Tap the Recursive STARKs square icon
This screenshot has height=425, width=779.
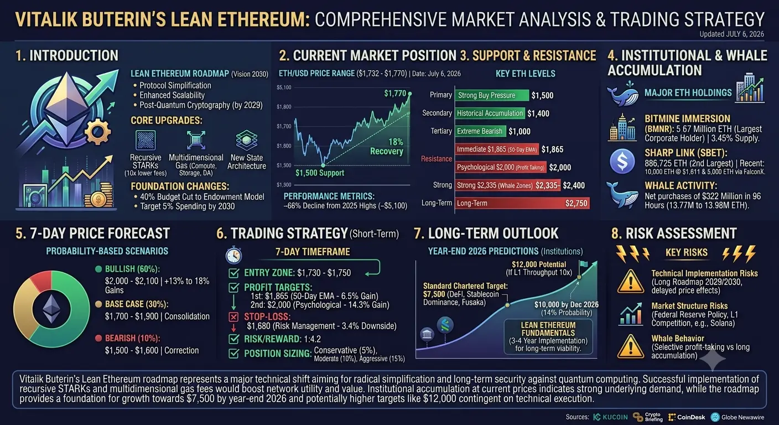[x=146, y=140]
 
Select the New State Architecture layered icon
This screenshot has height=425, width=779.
[x=247, y=140]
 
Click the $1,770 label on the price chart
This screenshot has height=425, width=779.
[x=395, y=93]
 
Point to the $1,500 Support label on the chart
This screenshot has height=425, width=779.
[x=320, y=173]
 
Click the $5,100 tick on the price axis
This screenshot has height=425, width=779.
[x=284, y=87]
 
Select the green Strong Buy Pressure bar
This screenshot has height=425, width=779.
[x=492, y=95]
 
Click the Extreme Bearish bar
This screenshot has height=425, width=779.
[x=480, y=131]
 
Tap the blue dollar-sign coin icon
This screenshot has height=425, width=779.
[x=622, y=162]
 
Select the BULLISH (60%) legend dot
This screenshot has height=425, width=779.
[x=98, y=269]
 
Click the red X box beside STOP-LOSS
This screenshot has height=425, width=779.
[x=233, y=317]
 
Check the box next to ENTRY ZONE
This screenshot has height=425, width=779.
[x=233, y=273]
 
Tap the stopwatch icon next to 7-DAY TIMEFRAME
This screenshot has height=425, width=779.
[x=233, y=255]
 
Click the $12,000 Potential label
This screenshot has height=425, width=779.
[x=539, y=265]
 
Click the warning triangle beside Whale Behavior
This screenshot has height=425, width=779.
[x=630, y=346]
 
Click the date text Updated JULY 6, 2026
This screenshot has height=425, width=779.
[x=732, y=34]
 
